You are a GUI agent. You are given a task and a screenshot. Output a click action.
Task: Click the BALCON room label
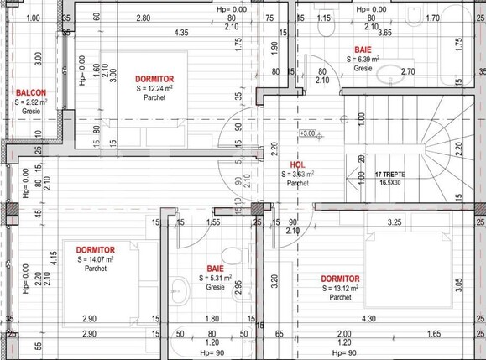click(x=29, y=92)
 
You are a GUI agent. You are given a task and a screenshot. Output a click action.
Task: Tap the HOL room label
click(x=296, y=164)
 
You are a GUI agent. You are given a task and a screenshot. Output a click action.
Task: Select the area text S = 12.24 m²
click(x=154, y=88)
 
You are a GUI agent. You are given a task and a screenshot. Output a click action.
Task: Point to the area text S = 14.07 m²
click(x=95, y=260)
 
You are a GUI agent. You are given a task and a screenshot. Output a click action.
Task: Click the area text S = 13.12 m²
click(x=340, y=288)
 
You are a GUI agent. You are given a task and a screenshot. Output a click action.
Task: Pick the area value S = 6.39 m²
click(x=363, y=60)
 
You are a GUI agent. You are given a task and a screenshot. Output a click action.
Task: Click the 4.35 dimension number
click(x=181, y=33)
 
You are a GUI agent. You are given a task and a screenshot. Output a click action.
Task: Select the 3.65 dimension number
click(x=384, y=33)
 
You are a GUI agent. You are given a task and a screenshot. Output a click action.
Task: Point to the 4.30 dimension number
click(x=368, y=319)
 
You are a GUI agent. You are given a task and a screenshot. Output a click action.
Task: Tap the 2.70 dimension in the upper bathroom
click(x=407, y=72)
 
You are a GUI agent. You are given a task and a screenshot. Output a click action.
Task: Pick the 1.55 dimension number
click(x=212, y=222)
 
